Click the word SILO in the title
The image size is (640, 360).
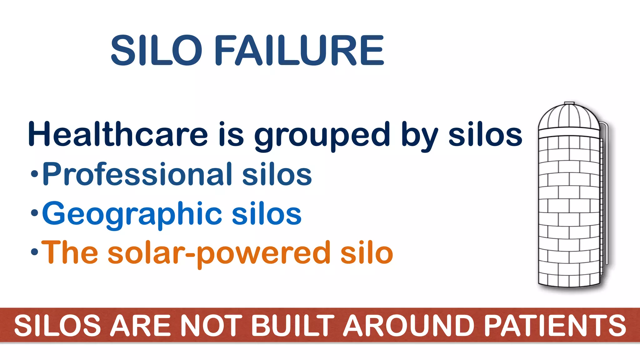coord(156,50)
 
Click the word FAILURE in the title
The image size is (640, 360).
coord(299,50)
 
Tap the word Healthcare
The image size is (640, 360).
coord(118,135)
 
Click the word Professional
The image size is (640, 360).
coord(137,174)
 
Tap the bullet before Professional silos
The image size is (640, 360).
coord(34,174)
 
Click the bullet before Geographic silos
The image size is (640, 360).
coord(34,213)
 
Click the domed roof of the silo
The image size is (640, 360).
coord(569,117)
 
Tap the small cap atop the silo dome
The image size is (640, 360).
coord(569,103)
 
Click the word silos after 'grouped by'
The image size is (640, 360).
coord(485,135)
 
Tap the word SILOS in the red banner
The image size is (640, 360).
coord(57,326)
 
